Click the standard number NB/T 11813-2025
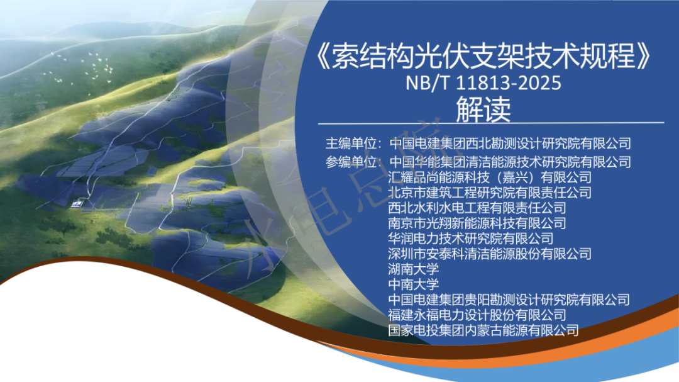click(x=483, y=83)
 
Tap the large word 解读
click(x=483, y=110)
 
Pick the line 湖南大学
click(x=414, y=269)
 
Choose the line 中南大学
click(x=414, y=284)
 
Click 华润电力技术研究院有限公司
click(x=471, y=239)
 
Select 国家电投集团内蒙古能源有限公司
click(x=483, y=330)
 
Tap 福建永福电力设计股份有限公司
click(x=477, y=315)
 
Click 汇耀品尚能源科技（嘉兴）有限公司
click(x=490, y=177)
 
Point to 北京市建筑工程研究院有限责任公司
click(x=490, y=192)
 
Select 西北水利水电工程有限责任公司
click(x=477, y=208)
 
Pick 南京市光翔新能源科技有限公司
click(x=477, y=223)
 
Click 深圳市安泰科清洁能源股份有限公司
click(x=490, y=254)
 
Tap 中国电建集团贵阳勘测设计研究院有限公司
click(x=509, y=300)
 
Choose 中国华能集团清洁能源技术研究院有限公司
click(x=510, y=162)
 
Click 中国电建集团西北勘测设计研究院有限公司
click(x=510, y=143)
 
